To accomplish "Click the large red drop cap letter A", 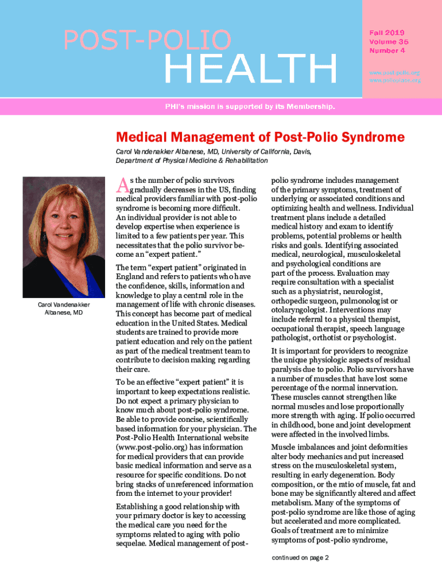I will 121,185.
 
